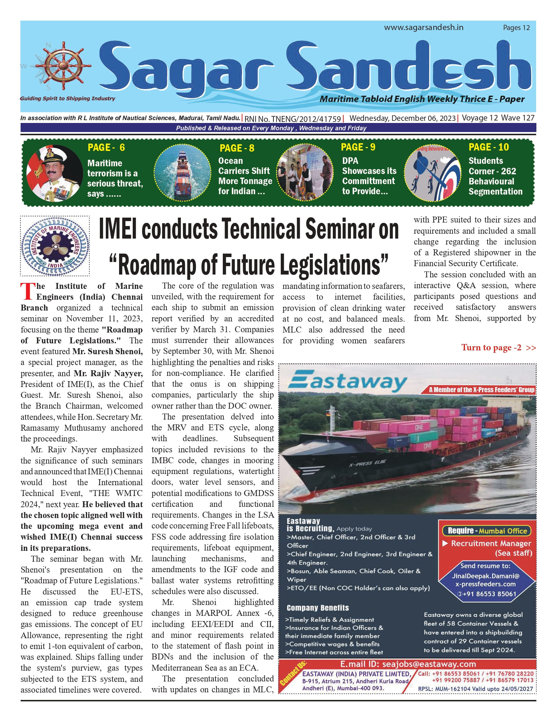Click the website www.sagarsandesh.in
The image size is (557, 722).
click(424, 28)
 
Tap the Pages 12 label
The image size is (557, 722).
click(516, 28)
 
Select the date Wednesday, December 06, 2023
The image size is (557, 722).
click(402, 118)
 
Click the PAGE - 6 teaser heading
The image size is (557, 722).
click(106, 147)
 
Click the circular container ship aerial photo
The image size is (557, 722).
click(183, 173)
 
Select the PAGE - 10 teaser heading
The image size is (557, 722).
click(489, 147)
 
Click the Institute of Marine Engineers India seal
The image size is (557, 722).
click(55, 246)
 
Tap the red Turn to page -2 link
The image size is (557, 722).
click(498, 348)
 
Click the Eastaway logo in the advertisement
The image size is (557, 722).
click(347, 382)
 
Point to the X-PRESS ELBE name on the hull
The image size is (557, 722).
click(367, 463)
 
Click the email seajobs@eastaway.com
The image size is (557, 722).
click(408, 664)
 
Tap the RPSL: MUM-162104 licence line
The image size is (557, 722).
click(475, 689)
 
